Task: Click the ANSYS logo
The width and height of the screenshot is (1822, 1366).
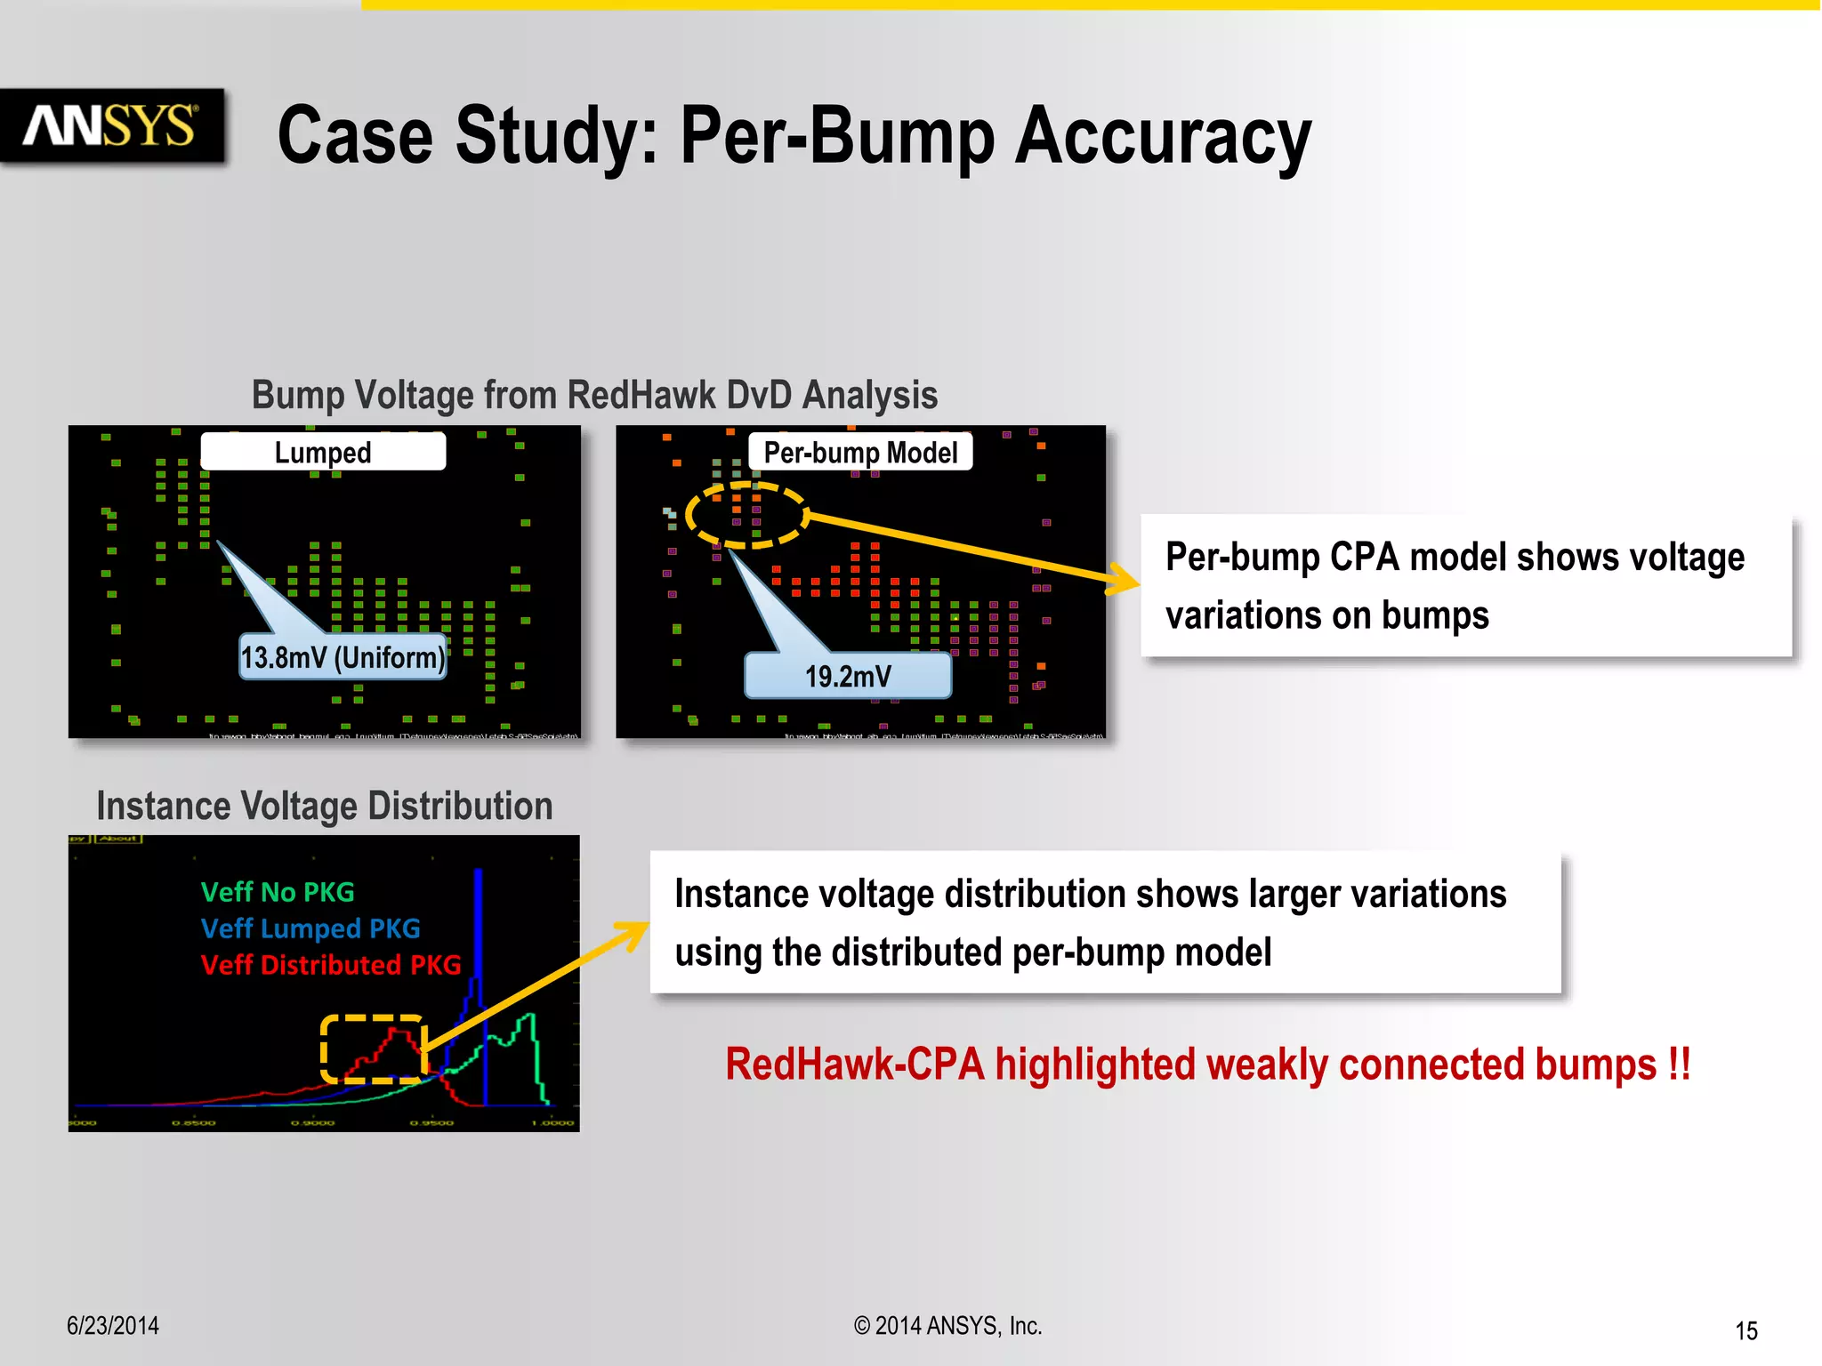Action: point(110,125)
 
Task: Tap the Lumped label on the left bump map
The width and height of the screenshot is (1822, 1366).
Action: point(323,452)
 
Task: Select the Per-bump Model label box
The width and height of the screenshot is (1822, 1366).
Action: point(860,453)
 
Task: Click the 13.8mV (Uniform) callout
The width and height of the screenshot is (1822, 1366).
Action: point(343,658)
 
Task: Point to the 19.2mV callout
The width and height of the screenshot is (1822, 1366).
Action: point(848,677)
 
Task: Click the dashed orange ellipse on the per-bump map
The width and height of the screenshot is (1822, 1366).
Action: point(746,515)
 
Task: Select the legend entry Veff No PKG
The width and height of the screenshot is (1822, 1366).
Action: point(278,892)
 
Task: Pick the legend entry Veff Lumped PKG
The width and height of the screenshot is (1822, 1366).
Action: point(310,928)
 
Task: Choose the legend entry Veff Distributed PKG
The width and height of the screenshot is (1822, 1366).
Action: point(331,965)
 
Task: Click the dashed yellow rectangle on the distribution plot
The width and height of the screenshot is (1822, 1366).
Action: point(373,1049)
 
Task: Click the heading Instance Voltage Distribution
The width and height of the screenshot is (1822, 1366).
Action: point(325,806)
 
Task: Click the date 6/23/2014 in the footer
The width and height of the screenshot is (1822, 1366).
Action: point(113,1326)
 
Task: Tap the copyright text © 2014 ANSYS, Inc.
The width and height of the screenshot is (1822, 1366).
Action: point(947,1326)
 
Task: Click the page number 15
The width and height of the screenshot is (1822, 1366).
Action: point(1745,1331)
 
